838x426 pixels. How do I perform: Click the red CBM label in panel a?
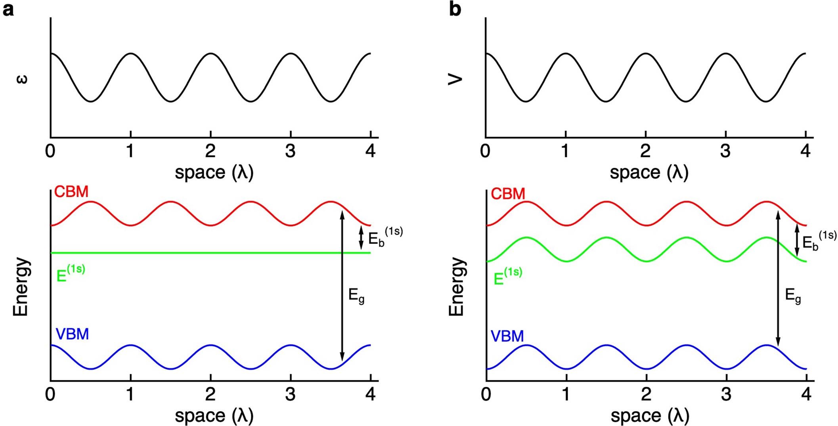pyautogui.click(x=71, y=192)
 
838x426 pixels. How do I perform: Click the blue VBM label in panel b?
pyautogui.click(x=507, y=336)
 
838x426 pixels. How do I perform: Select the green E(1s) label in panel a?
pyautogui.click(x=71, y=273)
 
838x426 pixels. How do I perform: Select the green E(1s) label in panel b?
pyautogui.click(x=508, y=276)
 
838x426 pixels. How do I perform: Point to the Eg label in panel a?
pyautogui.click(x=356, y=296)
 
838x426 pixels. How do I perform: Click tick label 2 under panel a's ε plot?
pyautogui.click(x=210, y=151)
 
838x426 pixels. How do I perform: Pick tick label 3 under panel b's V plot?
pyautogui.click(x=725, y=151)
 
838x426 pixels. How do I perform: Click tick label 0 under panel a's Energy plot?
pyautogui.click(x=50, y=394)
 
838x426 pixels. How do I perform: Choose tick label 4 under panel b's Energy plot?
pyautogui.click(x=806, y=394)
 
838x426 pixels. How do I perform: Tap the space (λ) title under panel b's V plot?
pyautogui.click(x=649, y=172)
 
